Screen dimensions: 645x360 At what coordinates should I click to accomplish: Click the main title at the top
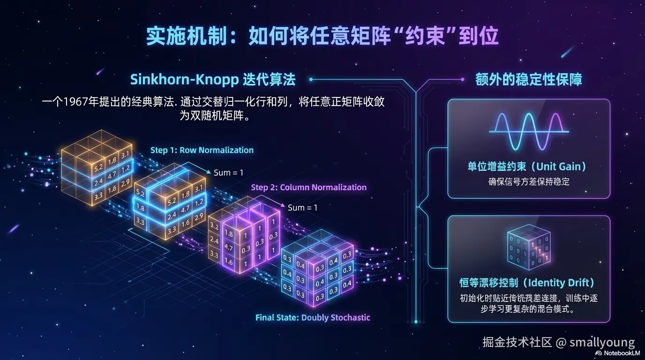tap(322, 37)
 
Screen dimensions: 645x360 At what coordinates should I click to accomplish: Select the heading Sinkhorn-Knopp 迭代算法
tap(213, 79)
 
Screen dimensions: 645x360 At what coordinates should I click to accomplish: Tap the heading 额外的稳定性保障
tap(529, 79)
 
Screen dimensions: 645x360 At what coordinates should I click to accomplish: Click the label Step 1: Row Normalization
tap(202, 150)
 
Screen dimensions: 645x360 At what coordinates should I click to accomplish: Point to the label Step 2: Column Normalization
tap(308, 187)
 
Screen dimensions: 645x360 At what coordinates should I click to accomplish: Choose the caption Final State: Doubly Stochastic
tap(313, 317)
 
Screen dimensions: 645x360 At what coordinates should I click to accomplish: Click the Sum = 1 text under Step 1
tap(228, 172)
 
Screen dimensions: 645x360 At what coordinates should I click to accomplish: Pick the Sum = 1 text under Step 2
tap(302, 207)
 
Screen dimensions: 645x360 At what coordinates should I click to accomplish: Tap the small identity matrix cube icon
tap(529, 250)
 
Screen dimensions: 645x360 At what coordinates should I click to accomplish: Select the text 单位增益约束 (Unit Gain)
tap(527, 166)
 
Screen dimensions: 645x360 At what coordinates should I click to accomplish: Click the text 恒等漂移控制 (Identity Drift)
tap(527, 283)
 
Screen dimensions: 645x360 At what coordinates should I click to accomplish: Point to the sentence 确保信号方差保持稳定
tap(529, 181)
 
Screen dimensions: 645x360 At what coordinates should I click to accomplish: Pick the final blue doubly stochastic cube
tap(316, 270)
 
